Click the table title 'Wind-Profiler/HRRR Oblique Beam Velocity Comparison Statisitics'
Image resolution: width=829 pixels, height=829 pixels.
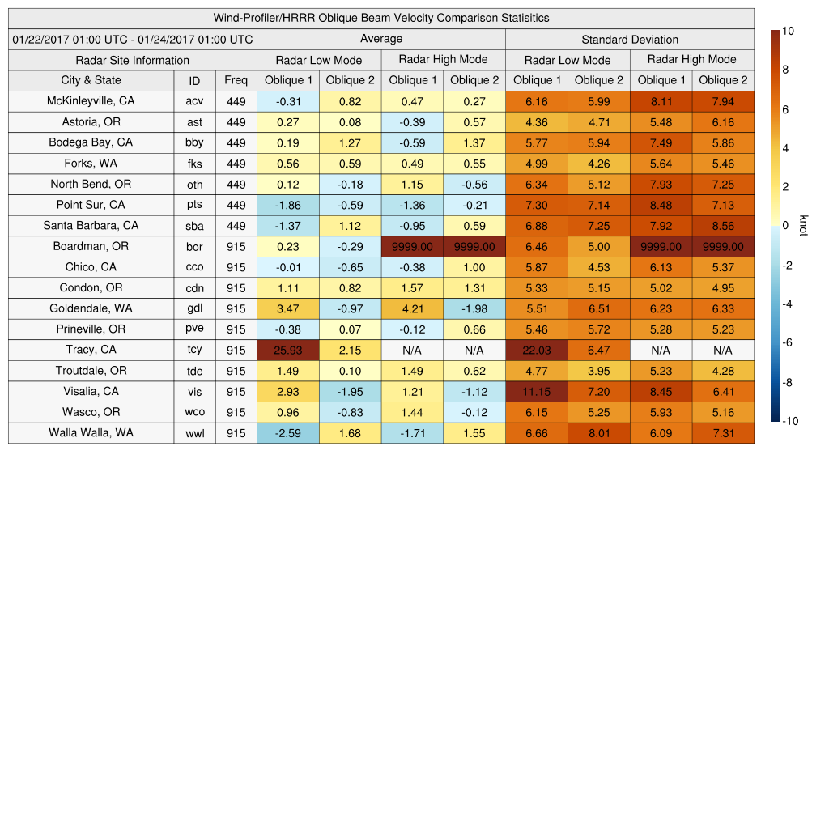click(x=380, y=18)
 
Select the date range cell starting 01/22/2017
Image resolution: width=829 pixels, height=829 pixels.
click(x=133, y=39)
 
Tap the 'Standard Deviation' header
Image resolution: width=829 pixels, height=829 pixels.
click(x=630, y=39)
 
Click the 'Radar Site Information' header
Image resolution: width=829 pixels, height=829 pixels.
click(x=133, y=60)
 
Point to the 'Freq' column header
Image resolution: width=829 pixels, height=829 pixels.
click(x=236, y=80)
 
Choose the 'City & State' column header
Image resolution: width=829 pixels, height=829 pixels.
click(x=91, y=80)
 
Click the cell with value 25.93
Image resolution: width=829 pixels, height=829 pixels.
click(x=287, y=350)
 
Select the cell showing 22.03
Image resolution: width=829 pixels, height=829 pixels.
click(x=536, y=350)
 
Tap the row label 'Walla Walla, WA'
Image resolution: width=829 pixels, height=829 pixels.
click(x=91, y=432)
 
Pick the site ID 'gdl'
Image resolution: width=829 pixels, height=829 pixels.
click(x=194, y=308)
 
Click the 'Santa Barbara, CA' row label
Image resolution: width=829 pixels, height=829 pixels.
click(x=91, y=225)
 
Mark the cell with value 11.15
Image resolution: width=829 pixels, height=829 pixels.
click(x=536, y=391)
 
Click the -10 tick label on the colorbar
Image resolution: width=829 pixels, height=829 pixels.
click(x=791, y=421)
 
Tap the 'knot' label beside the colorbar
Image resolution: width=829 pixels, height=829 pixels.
click(x=803, y=226)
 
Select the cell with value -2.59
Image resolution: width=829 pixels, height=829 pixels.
click(x=287, y=433)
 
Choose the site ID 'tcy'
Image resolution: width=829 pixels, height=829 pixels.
click(x=194, y=350)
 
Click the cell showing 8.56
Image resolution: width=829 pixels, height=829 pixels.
click(x=723, y=226)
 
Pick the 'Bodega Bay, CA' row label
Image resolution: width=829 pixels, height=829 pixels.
click(x=91, y=142)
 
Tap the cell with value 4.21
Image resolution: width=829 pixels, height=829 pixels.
click(x=412, y=308)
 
